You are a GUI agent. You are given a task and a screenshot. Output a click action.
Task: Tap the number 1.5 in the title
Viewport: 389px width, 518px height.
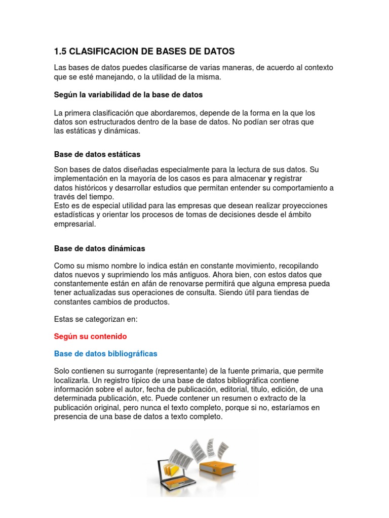click(x=60, y=52)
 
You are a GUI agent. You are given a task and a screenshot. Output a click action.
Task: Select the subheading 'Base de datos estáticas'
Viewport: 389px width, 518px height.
click(x=97, y=154)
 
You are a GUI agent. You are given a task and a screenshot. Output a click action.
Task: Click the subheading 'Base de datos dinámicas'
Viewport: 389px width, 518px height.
click(x=99, y=248)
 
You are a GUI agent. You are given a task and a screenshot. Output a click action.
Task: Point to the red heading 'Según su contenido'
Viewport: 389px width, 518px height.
click(x=90, y=336)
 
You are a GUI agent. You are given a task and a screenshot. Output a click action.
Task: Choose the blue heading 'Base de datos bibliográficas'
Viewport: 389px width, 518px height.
click(x=105, y=354)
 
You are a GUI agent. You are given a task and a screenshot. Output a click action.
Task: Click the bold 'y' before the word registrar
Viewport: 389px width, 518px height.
click(x=270, y=179)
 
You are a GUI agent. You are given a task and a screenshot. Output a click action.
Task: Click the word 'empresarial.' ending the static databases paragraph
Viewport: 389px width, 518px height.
click(x=74, y=224)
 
